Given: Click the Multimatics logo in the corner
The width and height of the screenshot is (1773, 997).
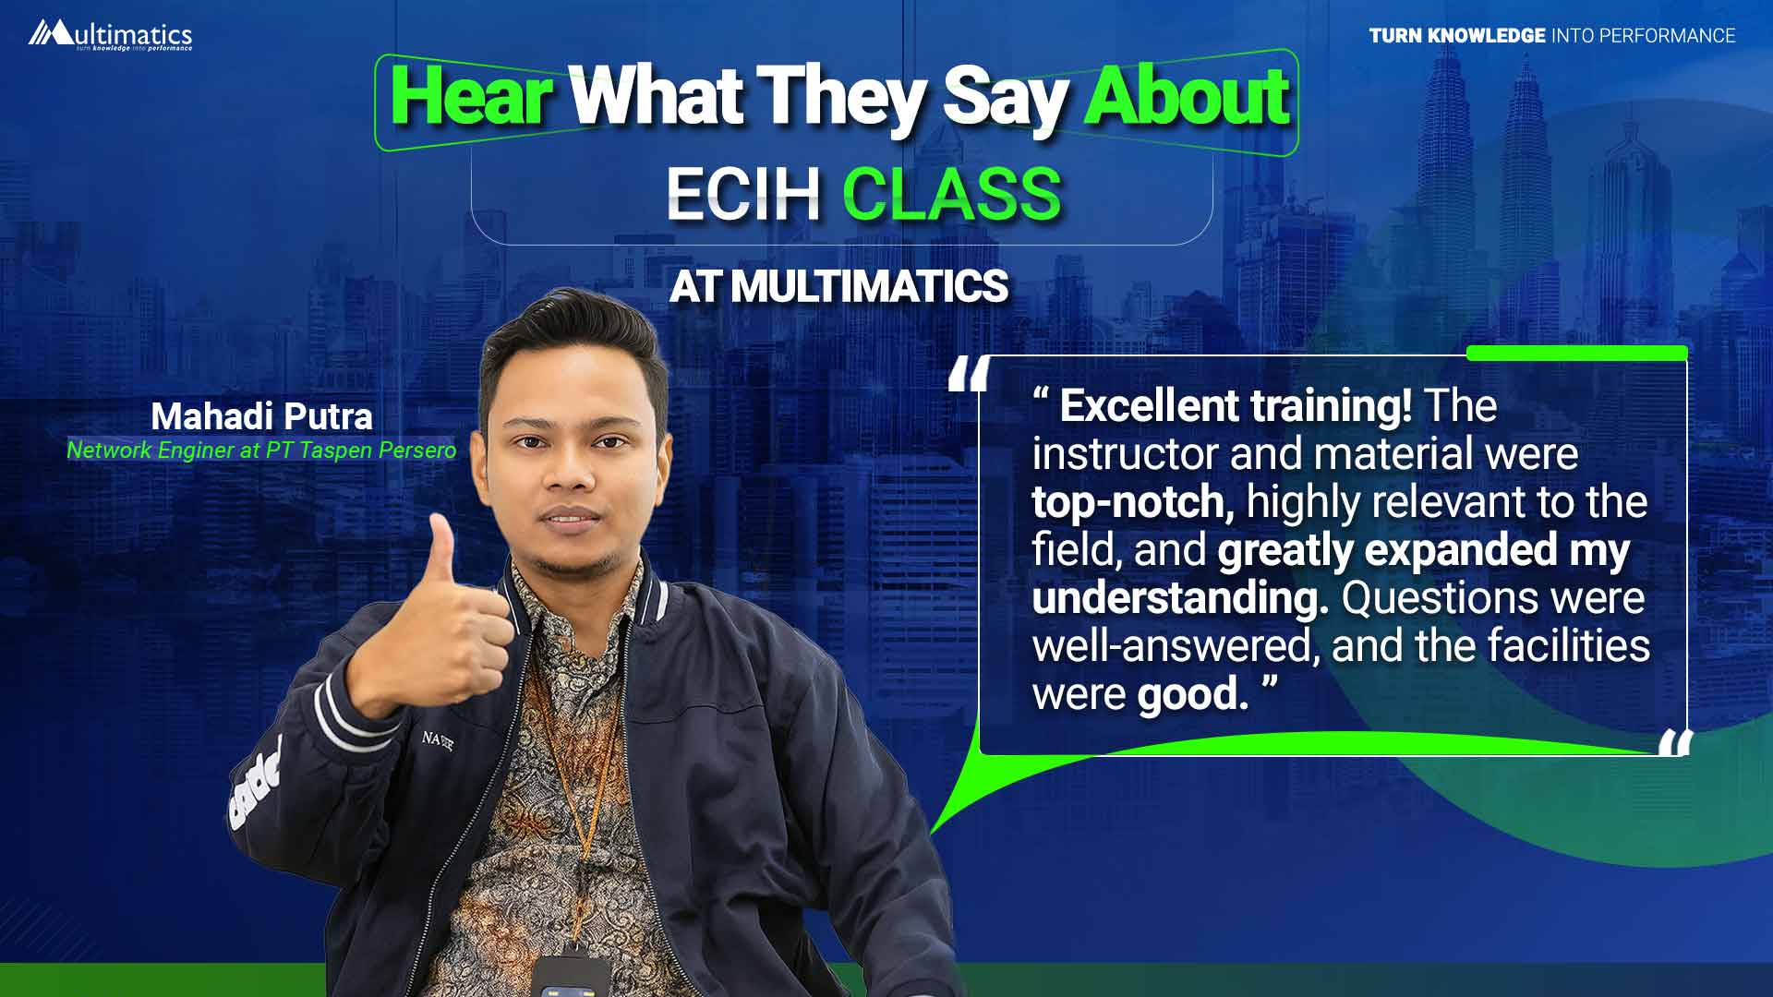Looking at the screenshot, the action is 110,34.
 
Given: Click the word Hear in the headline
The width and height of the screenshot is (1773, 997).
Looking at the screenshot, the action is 471,96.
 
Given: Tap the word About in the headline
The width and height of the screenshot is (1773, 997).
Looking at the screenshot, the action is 1187,96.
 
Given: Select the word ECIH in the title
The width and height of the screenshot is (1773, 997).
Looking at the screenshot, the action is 743,194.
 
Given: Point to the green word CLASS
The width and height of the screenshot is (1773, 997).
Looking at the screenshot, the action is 952,194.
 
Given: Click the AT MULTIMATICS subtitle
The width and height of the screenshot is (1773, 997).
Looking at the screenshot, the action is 838,286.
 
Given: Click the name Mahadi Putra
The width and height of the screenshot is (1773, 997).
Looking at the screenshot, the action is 261,416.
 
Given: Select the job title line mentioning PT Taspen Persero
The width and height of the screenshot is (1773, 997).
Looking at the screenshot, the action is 261,450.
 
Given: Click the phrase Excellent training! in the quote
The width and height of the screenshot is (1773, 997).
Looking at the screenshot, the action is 1236,406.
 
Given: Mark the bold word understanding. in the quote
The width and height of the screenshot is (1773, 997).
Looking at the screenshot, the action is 1180,599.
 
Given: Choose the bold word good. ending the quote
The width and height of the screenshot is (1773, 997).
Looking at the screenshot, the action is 1192,694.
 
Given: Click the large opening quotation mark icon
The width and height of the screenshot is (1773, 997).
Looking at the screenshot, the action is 970,374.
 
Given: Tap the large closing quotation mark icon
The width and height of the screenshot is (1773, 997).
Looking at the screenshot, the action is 1675,742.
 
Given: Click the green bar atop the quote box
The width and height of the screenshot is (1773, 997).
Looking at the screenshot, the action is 1577,353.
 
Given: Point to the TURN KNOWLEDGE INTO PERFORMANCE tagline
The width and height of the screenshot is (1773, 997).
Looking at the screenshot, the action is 1552,36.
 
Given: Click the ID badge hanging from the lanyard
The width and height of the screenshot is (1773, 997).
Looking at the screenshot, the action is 570,977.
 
